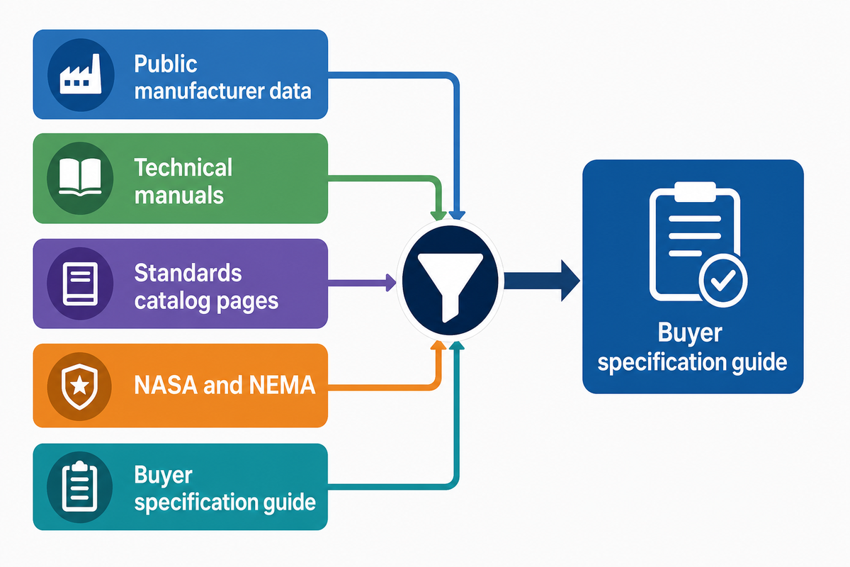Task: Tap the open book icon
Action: [x=80, y=177]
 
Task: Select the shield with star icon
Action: [x=79, y=386]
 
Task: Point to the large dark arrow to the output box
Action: [x=542, y=281]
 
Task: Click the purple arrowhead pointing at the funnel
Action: [x=391, y=283]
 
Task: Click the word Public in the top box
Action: [x=166, y=64]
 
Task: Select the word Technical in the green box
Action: [x=183, y=167]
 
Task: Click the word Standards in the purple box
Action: [x=188, y=273]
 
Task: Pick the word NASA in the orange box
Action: [x=166, y=385]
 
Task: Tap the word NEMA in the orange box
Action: [x=282, y=385]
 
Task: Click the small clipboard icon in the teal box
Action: [x=79, y=486]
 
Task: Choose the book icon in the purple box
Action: [x=80, y=283]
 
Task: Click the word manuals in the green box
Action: [x=178, y=195]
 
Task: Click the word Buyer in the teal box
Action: [x=163, y=476]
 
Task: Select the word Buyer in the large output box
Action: [x=689, y=334]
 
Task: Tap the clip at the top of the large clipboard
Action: [x=695, y=192]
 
